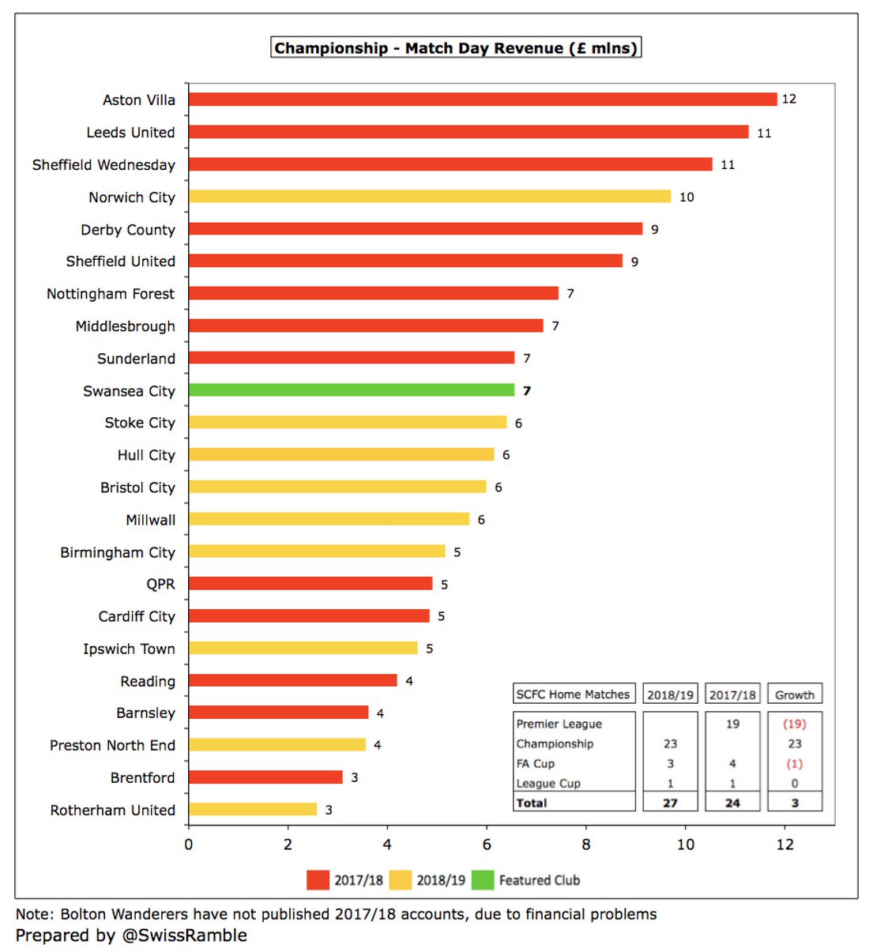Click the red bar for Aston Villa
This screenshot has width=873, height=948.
[x=482, y=100]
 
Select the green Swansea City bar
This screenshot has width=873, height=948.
[x=352, y=390]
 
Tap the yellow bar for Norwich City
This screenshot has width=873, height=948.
[x=429, y=197]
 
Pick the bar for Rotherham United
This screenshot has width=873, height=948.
[x=253, y=810]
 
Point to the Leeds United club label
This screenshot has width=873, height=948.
[x=130, y=133]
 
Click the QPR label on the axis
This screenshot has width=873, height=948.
[x=160, y=585]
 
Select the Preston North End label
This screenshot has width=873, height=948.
[x=112, y=746]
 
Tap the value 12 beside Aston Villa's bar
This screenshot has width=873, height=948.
[x=788, y=100]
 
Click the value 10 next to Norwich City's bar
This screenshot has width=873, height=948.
[x=687, y=197]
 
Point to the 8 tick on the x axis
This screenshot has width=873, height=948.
[x=586, y=845]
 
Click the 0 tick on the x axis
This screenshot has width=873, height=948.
[x=188, y=845]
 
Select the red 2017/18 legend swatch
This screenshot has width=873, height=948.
[x=318, y=880]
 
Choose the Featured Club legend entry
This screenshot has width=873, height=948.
[x=539, y=880]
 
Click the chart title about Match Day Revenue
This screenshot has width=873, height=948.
[x=456, y=48]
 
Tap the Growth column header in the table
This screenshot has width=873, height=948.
[x=794, y=695]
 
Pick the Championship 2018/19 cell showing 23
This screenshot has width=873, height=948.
[x=670, y=744]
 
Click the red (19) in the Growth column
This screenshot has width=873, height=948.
[x=794, y=724]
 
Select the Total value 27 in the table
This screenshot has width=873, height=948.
[x=670, y=803]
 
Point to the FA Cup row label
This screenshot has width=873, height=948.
[x=536, y=764]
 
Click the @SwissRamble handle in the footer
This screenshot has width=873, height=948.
[x=183, y=935]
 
